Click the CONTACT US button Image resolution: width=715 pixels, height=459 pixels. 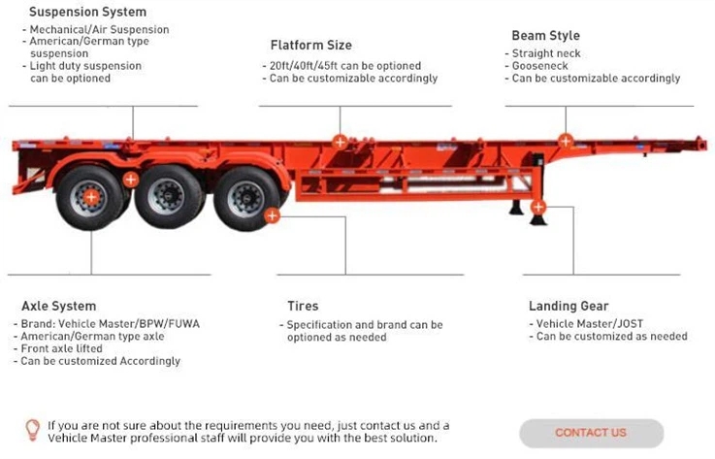(591, 433)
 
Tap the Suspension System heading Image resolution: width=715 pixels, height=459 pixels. (88, 13)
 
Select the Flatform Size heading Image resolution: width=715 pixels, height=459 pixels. (310, 45)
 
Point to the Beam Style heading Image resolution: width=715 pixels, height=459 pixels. (545, 36)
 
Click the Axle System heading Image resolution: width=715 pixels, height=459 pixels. (59, 306)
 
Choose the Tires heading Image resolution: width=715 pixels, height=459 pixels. (303, 306)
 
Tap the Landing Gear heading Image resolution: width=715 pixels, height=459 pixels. (569, 306)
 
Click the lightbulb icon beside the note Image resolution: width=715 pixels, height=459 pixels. (32, 429)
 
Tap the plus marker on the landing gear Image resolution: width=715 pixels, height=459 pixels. (539, 207)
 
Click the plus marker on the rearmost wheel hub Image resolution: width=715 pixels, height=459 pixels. (90, 197)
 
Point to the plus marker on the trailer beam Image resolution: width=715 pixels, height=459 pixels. (340, 141)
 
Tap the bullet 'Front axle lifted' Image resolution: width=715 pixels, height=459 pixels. (68, 348)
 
